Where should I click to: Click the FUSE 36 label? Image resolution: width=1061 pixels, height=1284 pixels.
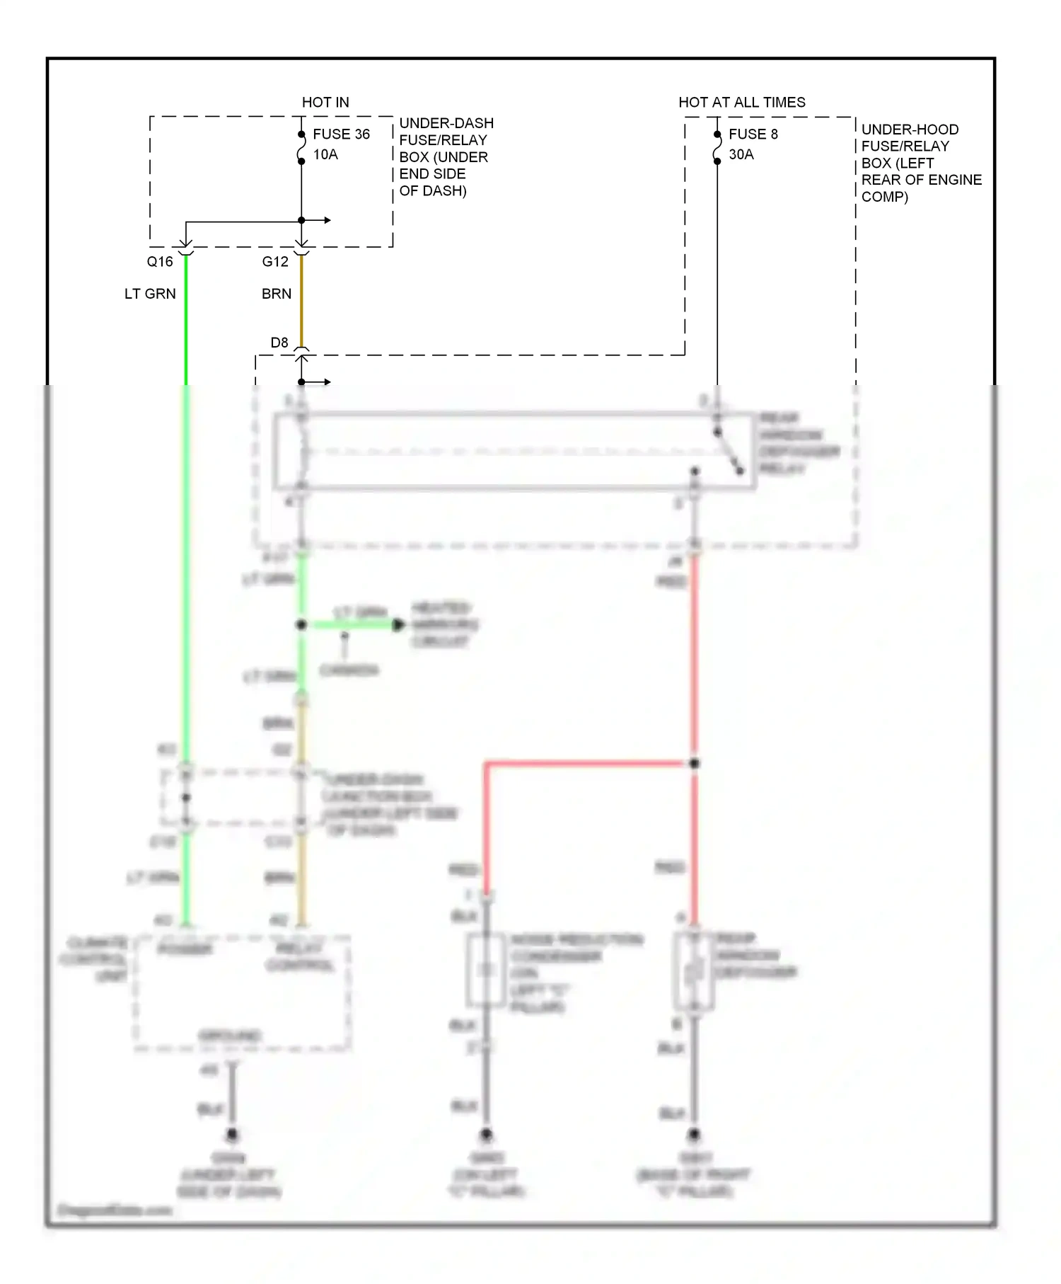(x=341, y=134)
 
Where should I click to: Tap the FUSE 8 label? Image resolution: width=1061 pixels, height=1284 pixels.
(x=753, y=134)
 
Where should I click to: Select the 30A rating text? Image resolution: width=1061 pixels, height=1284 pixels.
(x=741, y=154)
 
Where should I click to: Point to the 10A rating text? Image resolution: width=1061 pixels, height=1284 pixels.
(x=325, y=154)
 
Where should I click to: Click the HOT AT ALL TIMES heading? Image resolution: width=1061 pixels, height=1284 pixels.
(x=741, y=102)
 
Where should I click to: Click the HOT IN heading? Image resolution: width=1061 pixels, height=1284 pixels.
(x=325, y=102)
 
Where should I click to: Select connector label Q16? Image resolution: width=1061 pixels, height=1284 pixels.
(x=160, y=261)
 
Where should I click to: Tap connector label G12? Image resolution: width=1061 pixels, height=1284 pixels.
(x=275, y=261)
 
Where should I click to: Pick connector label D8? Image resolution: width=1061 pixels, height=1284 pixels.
(x=279, y=343)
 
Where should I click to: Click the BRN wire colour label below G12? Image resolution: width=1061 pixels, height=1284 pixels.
(x=276, y=294)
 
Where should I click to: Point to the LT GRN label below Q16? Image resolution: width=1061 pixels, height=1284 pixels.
(x=150, y=294)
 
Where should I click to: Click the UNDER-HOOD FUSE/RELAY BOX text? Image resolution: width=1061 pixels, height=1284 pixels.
(x=920, y=163)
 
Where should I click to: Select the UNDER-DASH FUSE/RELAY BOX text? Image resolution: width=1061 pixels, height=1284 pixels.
(x=445, y=156)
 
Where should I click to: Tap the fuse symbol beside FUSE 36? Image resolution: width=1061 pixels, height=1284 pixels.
(x=301, y=148)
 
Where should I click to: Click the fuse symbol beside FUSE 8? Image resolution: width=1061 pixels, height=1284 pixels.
(x=717, y=148)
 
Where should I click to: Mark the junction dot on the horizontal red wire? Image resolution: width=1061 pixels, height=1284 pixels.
(x=695, y=763)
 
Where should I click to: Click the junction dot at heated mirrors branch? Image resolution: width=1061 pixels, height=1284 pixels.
(x=301, y=624)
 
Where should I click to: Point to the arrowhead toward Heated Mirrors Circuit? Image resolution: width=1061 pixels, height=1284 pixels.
(x=399, y=624)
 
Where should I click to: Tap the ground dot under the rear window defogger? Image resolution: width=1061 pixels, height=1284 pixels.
(x=695, y=1134)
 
